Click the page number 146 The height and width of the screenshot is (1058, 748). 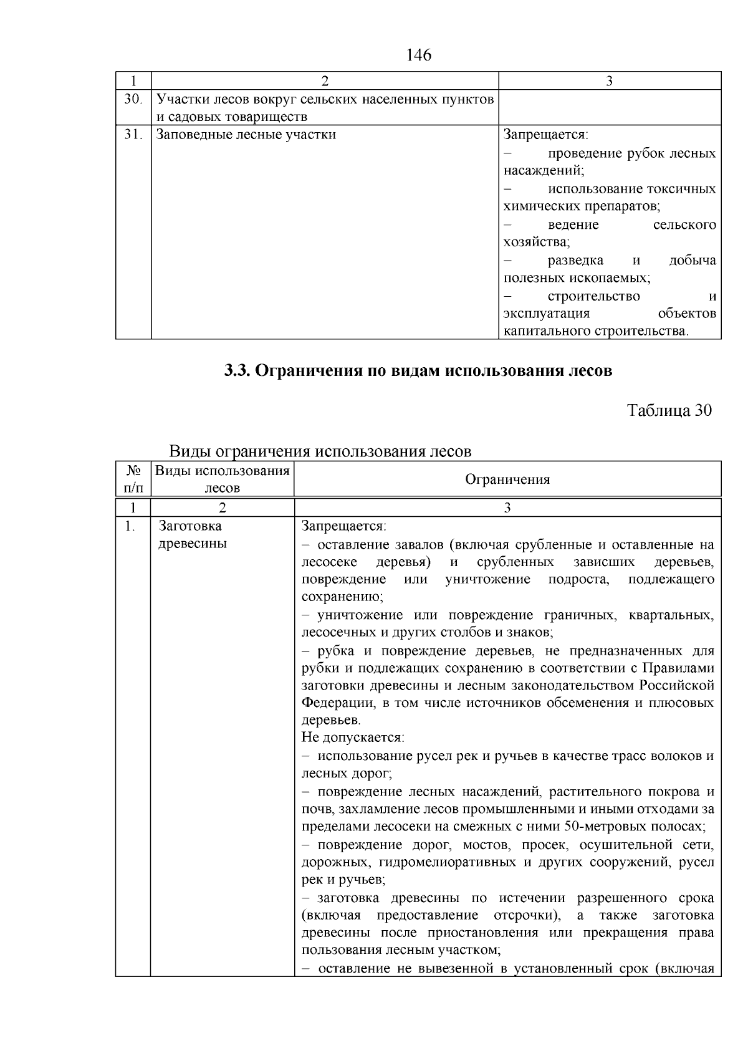point(418,55)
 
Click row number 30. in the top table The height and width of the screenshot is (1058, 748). point(132,99)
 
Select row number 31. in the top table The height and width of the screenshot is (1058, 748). point(132,135)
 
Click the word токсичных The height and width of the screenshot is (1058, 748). point(681,189)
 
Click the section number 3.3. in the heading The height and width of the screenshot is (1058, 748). point(237,371)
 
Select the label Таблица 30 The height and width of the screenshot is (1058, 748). point(669,410)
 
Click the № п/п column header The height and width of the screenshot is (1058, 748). point(132,479)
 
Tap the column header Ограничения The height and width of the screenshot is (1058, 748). point(507,479)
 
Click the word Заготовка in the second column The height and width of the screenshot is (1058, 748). point(190,526)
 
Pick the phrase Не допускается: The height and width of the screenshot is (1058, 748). point(353,738)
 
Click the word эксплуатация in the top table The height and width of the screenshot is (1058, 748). point(547,313)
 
